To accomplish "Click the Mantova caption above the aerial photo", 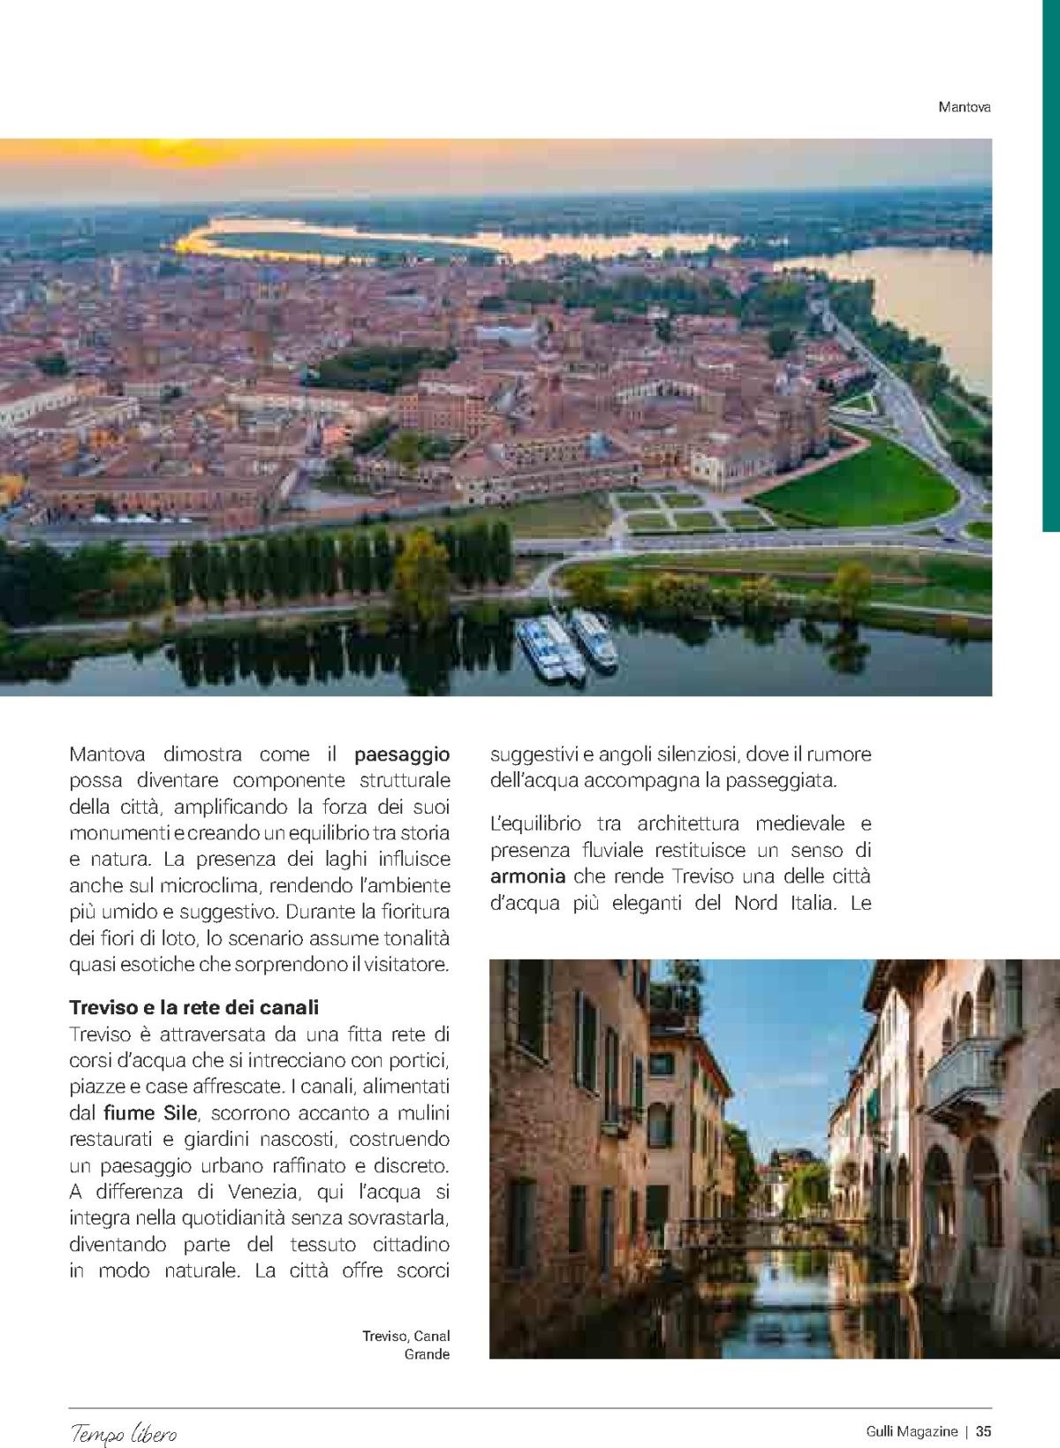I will click(965, 107).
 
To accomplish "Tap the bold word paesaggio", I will click(402, 754).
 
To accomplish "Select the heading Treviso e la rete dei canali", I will click(193, 1007).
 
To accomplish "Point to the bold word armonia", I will click(527, 877).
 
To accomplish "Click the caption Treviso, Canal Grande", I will click(406, 1345).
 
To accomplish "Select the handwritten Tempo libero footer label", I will click(124, 1432).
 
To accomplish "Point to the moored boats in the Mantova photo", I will click(565, 644).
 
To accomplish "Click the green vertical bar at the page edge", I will click(1050, 265).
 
